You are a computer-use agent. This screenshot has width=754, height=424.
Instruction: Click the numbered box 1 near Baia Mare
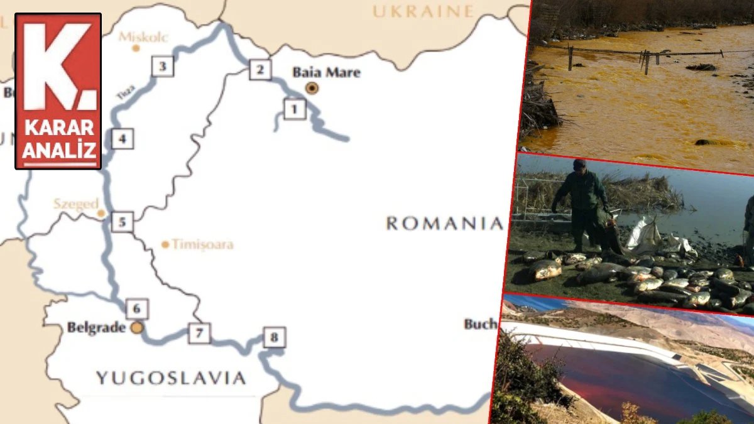point(295,109)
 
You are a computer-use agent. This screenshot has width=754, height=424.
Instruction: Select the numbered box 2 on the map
point(260,69)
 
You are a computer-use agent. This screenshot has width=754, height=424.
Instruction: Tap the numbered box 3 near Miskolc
point(163,66)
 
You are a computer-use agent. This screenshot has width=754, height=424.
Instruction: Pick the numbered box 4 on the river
point(123,138)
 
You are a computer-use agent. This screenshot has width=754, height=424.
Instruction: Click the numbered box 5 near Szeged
point(123,222)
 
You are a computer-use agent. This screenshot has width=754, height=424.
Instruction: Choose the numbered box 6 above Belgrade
point(137,308)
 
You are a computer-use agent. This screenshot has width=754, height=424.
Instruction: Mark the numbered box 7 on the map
point(199,333)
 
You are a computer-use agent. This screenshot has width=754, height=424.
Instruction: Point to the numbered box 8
point(274,337)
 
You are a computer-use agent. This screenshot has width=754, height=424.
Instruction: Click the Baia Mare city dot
point(312,88)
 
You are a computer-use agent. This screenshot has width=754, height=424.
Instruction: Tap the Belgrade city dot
point(137,327)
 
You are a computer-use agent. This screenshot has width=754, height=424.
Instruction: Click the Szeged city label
point(75,204)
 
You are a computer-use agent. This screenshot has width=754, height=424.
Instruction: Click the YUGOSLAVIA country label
point(170,378)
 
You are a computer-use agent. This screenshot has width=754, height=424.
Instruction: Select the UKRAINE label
point(422,11)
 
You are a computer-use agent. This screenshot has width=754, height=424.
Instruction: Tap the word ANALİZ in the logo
point(59,150)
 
